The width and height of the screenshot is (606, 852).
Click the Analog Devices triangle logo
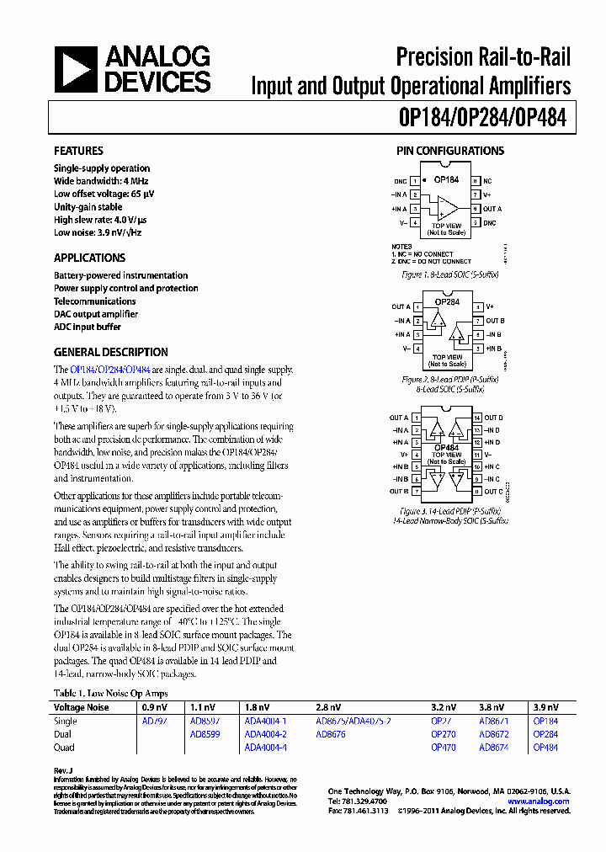pyautogui.click(x=77, y=69)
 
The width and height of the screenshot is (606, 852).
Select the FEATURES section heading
pyautogui.click(x=78, y=151)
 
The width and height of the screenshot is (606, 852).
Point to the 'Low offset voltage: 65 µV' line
pyautogui.click(x=104, y=194)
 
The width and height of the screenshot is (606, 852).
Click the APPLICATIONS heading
pyautogui.click(x=89, y=258)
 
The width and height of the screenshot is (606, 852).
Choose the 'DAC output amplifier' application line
pyautogui.click(x=95, y=314)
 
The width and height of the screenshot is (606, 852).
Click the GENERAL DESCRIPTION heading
pyautogui.click(x=110, y=353)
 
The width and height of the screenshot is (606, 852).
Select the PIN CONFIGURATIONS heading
pyautogui.click(x=450, y=151)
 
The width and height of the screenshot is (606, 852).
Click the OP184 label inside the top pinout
pyautogui.click(x=446, y=179)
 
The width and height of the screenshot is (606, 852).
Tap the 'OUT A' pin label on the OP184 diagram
pyautogui.click(x=492, y=209)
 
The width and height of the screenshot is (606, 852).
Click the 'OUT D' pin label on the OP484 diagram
pyautogui.click(x=494, y=418)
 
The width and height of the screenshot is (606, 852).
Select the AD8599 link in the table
pyautogui.click(x=205, y=734)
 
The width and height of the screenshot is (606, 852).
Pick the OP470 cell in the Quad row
pyautogui.click(x=443, y=748)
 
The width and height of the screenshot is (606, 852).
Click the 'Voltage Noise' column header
pyautogui.click(x=81, y=707)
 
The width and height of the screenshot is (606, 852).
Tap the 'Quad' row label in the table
pyautogui.click(x=64, y=748)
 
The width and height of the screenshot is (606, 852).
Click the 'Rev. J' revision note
pyautogui.click(x=65, y=769)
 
